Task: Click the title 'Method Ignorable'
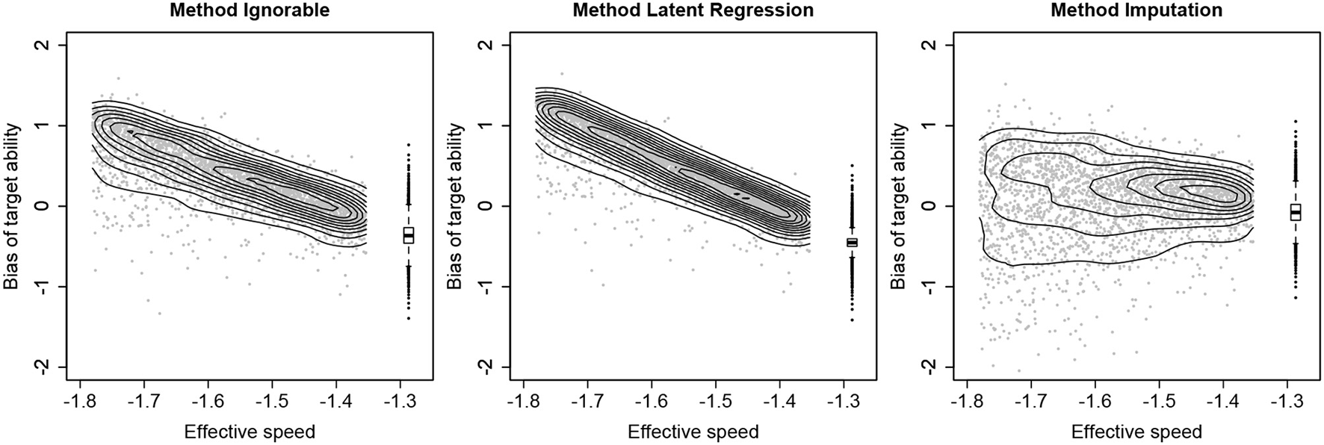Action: pyautogui.click(x=250, y=10)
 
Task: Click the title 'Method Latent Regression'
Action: pyautogui.click(x=693, y=10)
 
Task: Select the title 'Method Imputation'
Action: pyautogui.click(x=1136, y=10)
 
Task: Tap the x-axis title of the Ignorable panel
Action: pyautogui.click(x=250, y=432)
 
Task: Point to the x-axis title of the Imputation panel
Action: pyautogui.click(x=1136, y=432)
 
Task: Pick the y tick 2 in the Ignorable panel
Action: pyautogui.click(x=43, y=45)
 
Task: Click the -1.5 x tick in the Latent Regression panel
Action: pyautogui.click(x=716, y=402)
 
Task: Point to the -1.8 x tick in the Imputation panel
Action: pyautogui.click(x=967, y=402)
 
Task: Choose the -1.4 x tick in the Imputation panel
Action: pyautogui.click(x=1223, y=402)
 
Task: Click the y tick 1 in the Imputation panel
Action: pyautogui.click(x=929, y=125)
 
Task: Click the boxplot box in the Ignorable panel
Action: pyautogui.click(x=408, y=235)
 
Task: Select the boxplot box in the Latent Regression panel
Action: pyautogui.click(x=852, y=242)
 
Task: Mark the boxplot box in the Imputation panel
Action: pyautogui.click(x=1295, y=212)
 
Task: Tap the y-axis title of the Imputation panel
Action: pyautogui.click(x=899, y=206)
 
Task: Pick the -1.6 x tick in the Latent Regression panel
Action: pyautogui.click(x=652, y=402)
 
